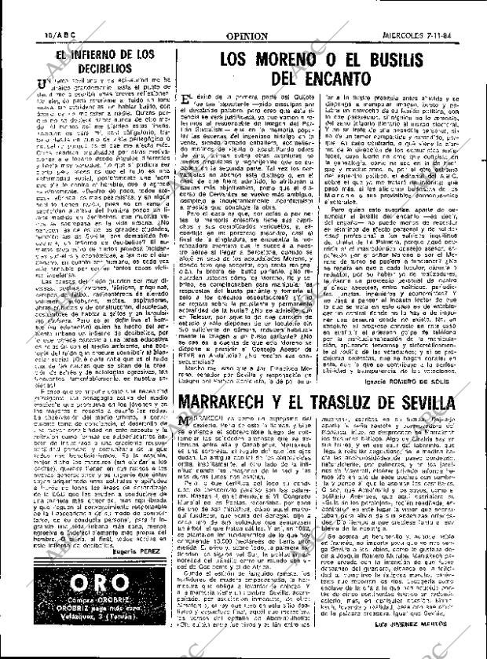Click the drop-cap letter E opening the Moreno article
click(x=184, y=100)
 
